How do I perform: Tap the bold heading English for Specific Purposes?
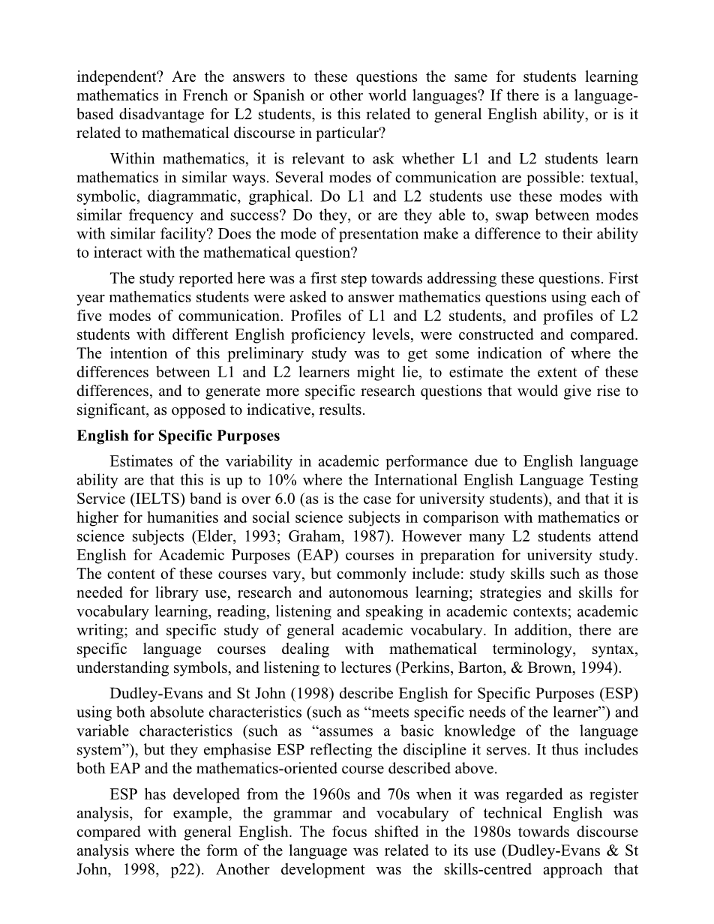tap(178, 436)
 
